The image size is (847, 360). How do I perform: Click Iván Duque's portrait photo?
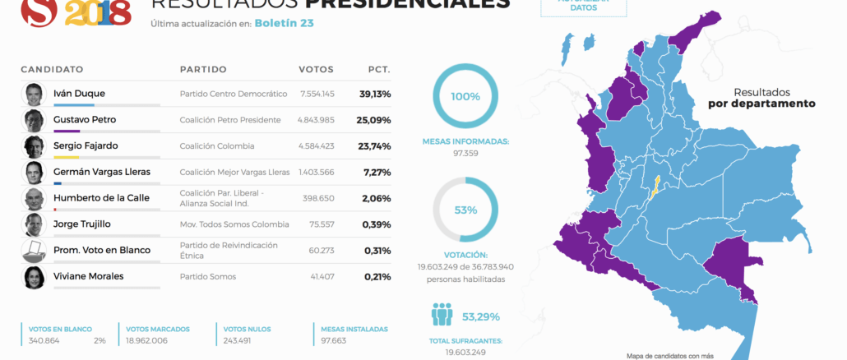[x=33, y=94]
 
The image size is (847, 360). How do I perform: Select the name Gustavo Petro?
[x=84, y=120]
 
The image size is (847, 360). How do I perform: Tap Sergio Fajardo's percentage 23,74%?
[x=375, y=146]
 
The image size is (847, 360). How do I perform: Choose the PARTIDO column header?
[x=203, y=69]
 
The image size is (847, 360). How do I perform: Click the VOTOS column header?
[x=316, y=69]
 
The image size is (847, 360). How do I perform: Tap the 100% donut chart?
[x=465, y=96]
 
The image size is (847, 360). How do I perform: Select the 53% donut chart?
[x=465, y=210]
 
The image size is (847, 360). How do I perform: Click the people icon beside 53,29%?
[x=442, y=316]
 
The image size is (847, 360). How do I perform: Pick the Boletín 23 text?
[x=284, y=23]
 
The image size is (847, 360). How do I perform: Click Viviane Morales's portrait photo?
[x=33, y=277]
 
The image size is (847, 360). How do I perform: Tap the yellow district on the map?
[x=655, y=187]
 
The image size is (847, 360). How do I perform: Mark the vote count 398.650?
[x=319, y=199]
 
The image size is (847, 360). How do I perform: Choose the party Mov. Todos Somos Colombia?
[x=234, y=224]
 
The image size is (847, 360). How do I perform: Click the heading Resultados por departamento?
[x=761, y=98]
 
